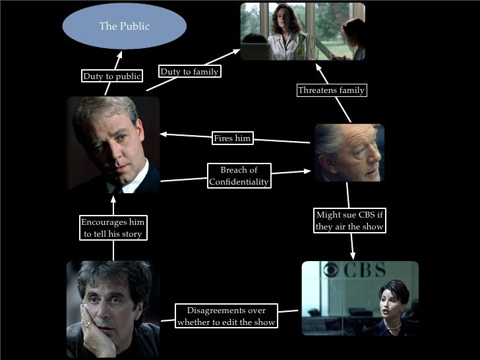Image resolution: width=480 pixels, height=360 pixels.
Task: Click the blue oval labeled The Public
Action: point(124,26)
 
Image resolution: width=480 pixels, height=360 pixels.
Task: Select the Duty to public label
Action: point(111,76)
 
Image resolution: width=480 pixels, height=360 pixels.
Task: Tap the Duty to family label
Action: point(189,72)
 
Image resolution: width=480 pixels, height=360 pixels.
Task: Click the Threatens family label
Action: point(330,90)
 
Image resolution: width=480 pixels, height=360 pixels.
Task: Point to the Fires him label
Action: point(232,138)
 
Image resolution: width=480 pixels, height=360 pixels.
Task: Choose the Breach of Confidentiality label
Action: point(238,176)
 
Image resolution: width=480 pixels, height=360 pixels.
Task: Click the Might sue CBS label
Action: point(349,221)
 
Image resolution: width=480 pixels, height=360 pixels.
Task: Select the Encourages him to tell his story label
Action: point(112,227)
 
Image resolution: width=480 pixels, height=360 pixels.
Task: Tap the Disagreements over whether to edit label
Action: point(226,316)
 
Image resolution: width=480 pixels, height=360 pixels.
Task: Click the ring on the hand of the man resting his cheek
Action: point(88,324)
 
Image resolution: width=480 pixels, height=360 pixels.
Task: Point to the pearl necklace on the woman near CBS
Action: point(393,327)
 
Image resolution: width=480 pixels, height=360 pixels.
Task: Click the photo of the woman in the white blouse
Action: point(303,31)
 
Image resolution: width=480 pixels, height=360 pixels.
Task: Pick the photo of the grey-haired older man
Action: point(348,152)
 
